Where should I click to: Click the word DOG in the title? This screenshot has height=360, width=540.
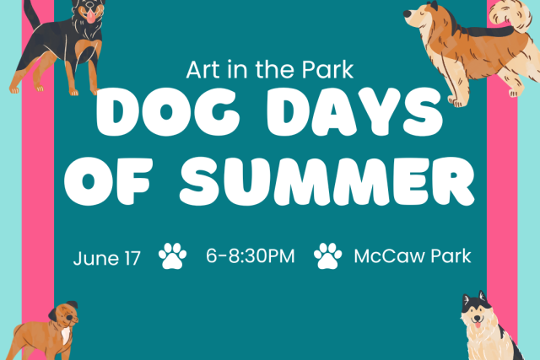click(x=168, y=111)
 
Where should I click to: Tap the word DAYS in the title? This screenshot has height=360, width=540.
click(x=354, y=111)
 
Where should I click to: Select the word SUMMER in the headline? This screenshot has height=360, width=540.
click(x=327, y=181)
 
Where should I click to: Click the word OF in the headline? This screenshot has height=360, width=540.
click(x=107, y=181)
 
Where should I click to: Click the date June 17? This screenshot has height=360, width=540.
click(x=107, y=258)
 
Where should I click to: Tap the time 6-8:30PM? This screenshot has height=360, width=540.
click(x=251, y=256)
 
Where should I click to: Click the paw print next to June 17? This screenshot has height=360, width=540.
click(x=172, y=255)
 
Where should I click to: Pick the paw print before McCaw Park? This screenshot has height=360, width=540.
click(x=328, y=255)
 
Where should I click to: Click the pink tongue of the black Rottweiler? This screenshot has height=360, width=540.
click(x=90, y=17)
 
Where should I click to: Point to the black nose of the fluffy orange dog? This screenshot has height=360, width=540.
click(x=407, y=13)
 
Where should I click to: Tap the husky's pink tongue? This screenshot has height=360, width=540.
click(x=478, y=325)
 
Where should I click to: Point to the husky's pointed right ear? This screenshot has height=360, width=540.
click(x=482, y=296)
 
